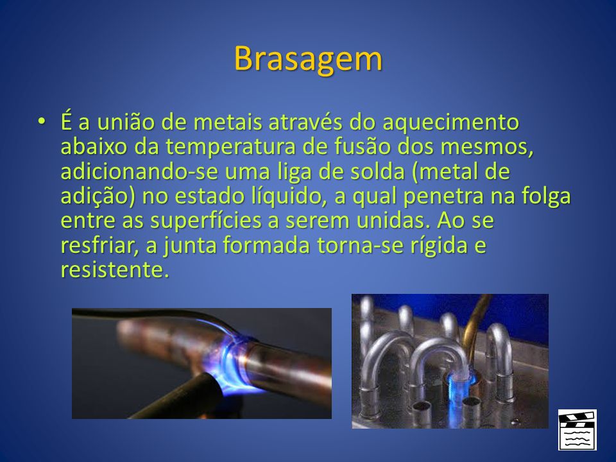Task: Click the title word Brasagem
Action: pyautogui.click(x=308, y=59)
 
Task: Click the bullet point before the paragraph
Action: pyautogui.click(x=41, y=121)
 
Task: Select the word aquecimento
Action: pyautogui.click(x=450, y=123)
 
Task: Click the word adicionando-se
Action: pyautogui.click(x=139, y=171)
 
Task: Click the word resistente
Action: pyautogui.click(x=115, y=270)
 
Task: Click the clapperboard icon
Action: pyautogui.click(x=577, y=430)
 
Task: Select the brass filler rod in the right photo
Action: pyautogui.click(x=475, y=322)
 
